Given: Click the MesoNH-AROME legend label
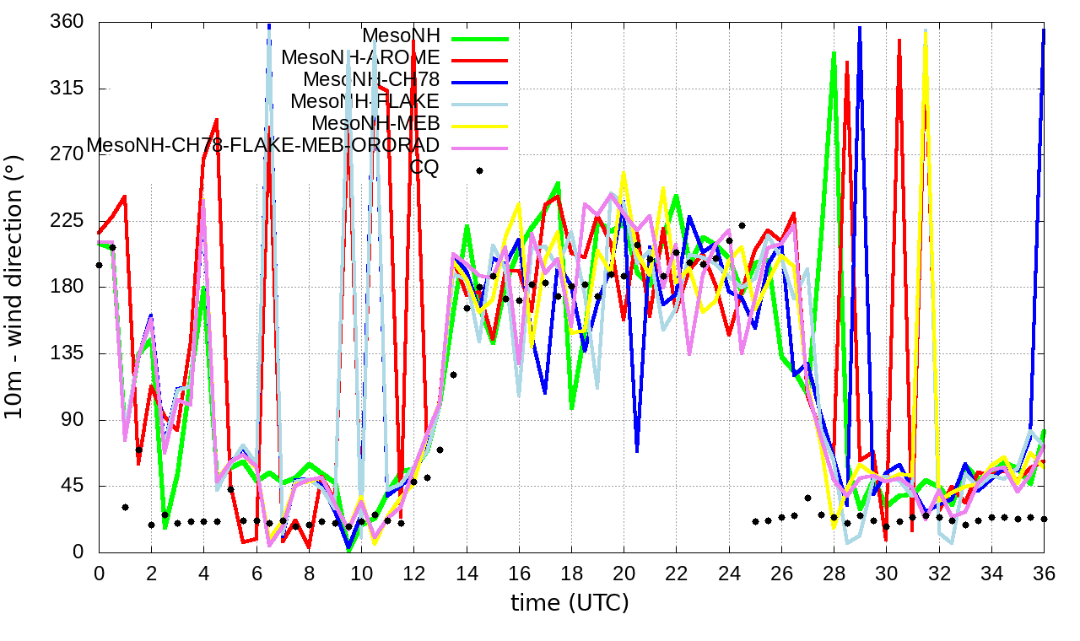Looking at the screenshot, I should (x=360, y=58).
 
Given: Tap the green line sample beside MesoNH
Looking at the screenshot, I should (x=481, y=37).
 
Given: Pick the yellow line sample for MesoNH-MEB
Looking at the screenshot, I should (x=481, y=125).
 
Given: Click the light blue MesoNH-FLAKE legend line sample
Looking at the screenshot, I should (x=481, y=103).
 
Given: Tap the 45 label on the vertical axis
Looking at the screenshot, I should (x=75, y=486).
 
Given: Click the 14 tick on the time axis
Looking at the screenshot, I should (x=467, y=573).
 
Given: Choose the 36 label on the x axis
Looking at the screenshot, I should (x=1044, y=573).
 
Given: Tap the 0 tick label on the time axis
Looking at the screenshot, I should (x=100, y=573).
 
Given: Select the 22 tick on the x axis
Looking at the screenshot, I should (x=677, y=573).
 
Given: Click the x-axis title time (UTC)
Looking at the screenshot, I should (x=570, y=603).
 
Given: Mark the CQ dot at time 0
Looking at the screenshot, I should (x=100, y=265).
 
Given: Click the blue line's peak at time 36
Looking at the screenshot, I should (x=1044, y=30).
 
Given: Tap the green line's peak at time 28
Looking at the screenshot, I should (x=834, y=53).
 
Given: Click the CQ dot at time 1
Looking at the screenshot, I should (x=125, y=507).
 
